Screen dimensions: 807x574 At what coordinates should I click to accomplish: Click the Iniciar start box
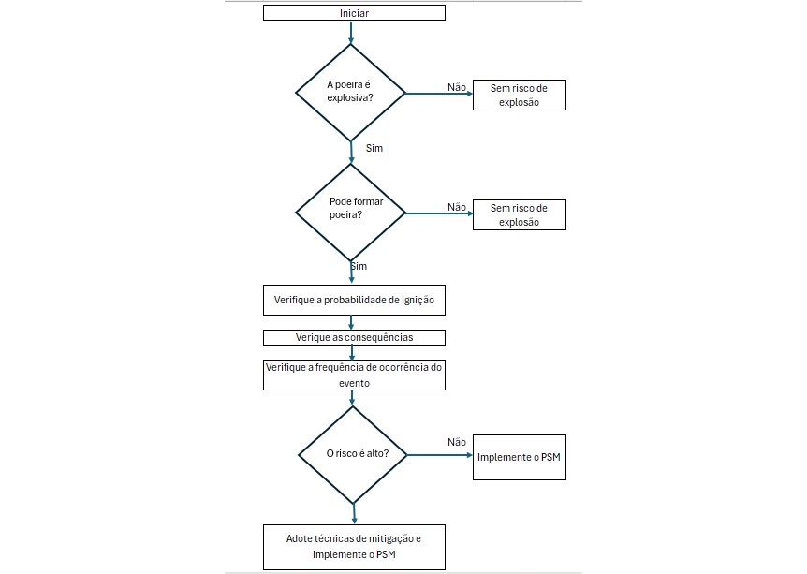pyautogui.click(x=354, y=13)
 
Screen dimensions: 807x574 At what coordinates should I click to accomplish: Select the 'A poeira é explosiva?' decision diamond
pyautogui.click(x=350, y=93)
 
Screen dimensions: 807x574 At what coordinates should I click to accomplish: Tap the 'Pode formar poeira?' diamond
pyautogui.click(x=350, y=213)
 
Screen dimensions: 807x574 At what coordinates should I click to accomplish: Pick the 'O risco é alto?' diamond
pyautogui.click(x=353, y=454)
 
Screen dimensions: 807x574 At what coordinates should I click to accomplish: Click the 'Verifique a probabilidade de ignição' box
pyautogui.click(x=354, y=301)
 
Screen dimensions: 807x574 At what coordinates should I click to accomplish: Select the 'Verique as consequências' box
pyautogui.click(x=354, y=338)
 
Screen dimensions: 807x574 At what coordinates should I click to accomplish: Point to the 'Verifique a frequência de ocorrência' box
pyautogui.click(x=354, y=375)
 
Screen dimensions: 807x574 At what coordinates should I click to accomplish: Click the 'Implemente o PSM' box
pyautogui.click(x=520, y=457)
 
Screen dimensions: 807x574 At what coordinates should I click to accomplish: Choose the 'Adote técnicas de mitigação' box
pyautogui.click(x=354, y=547)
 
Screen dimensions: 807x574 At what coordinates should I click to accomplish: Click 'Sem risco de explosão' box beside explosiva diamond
pyautogui.click(x=520, y=95)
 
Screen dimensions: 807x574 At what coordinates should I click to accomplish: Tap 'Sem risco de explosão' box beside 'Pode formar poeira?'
pyautogui.click(x=520, y=214)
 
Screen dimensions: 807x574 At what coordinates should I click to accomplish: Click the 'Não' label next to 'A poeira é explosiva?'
pyautogui.click(x=457, y=87)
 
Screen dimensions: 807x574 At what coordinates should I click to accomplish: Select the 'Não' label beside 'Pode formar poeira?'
pyautogui.click(x=457, y=207)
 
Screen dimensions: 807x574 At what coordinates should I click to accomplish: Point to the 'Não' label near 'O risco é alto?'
pyautogui.click(x=457, y=442)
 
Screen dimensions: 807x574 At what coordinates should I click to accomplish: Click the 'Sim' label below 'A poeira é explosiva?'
pyautogui.click(x=374, y=148)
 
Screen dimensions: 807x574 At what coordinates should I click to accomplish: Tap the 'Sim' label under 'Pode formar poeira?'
pyautogui.click(x=359, y=266)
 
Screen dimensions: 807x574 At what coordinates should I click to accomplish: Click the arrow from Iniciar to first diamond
pyautogui.click(x=351, y=33)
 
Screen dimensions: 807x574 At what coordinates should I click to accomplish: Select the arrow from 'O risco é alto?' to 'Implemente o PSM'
pyautogui.click(x=439, y=455)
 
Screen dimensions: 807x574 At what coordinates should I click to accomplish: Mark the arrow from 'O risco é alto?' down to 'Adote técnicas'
pyautogui.click(x=354, y=514)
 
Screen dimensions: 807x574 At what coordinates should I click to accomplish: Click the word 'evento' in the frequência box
pyautogui.click(x=354, y=383)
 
